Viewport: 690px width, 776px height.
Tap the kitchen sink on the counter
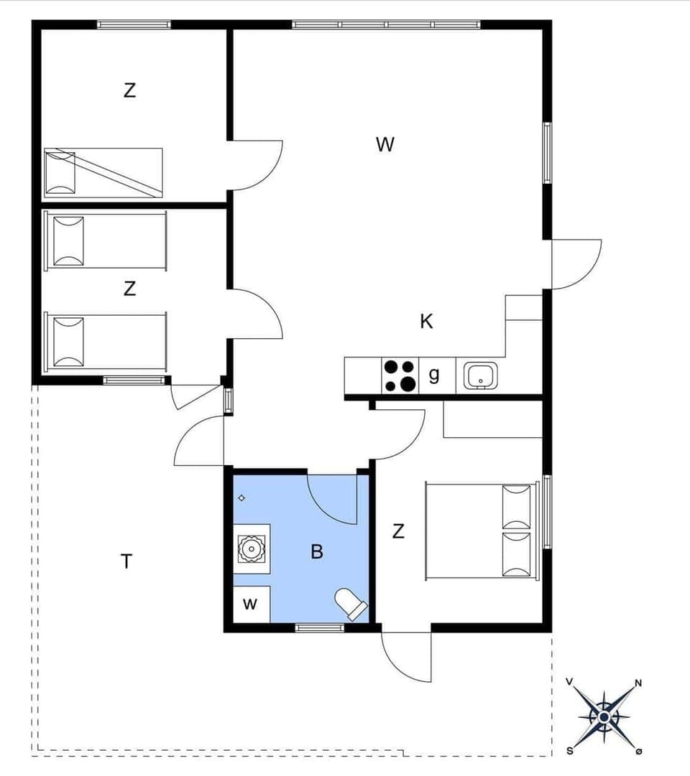480,375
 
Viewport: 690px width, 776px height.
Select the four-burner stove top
400,375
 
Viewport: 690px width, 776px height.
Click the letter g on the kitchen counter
434,374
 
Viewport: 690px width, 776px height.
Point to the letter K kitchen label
427,322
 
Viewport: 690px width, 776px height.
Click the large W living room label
385,144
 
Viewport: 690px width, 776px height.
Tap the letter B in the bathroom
317,552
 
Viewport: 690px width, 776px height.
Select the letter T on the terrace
126,561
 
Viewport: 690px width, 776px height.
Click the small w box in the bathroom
249,604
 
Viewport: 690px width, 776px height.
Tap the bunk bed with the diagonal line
103,172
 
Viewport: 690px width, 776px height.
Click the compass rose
604,716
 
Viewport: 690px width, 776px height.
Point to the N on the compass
638,683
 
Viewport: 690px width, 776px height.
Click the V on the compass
570,682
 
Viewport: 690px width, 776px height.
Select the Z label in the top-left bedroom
129,91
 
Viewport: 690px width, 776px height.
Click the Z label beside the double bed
398,532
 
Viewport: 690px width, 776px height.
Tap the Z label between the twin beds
129,289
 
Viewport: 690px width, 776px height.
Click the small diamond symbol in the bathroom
242,497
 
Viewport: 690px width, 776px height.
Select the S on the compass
570,751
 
